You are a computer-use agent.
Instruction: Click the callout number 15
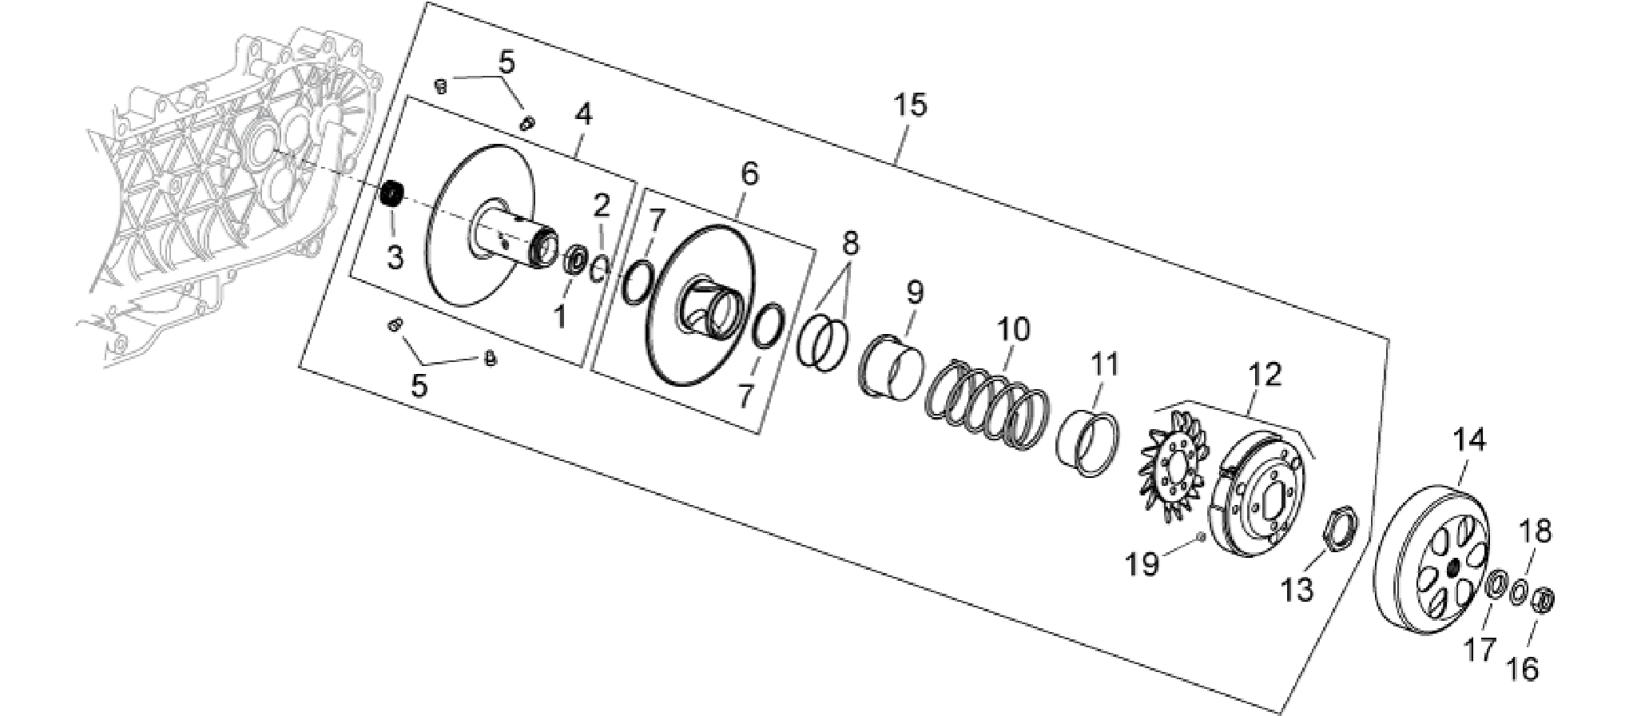(911, 105)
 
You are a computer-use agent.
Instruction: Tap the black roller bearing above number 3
(391, 195)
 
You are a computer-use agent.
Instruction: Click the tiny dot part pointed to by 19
(1201, 537)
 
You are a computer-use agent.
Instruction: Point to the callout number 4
(584, 115)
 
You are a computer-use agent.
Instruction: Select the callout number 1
(560, 317)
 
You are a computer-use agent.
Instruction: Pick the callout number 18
(1535, 531)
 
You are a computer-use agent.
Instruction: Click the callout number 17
(1479, 650)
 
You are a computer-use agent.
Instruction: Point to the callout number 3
(395, 257)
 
